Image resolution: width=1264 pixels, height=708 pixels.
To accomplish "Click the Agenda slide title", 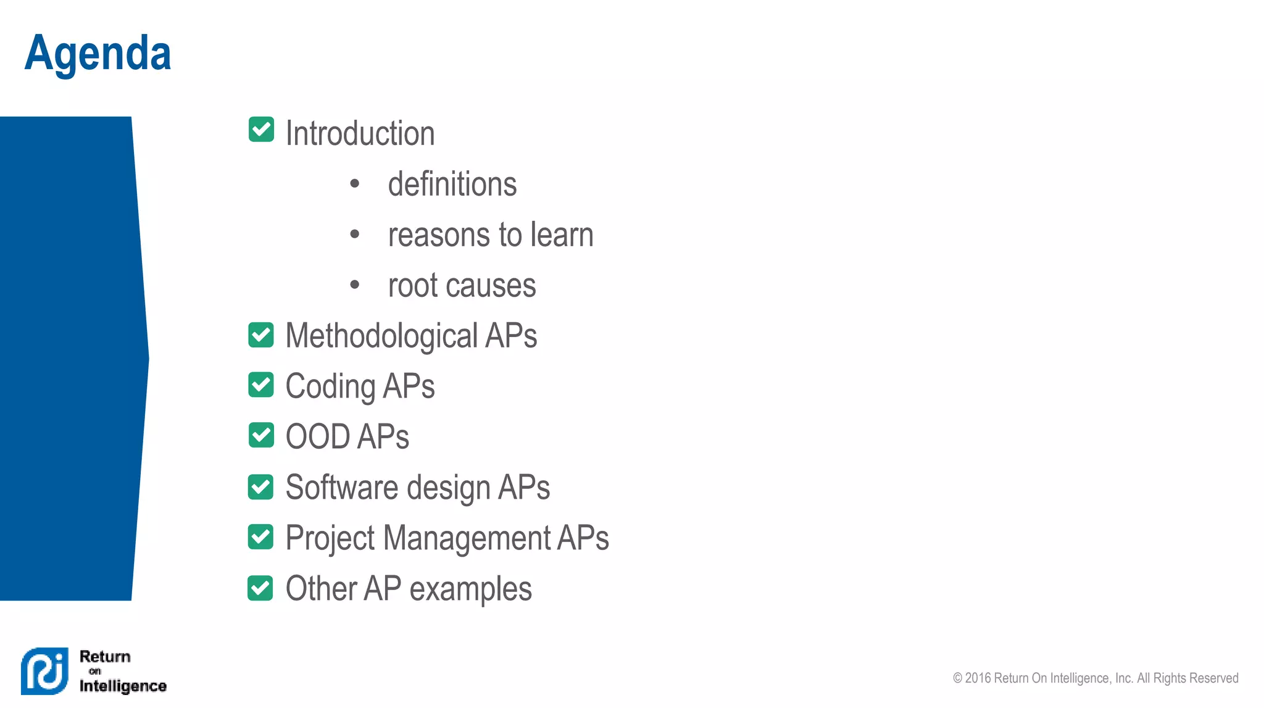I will click(x=98, y=54).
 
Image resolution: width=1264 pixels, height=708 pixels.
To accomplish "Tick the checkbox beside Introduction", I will click(x=261, y=130).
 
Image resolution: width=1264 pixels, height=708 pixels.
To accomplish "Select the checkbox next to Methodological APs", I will click(x=261, y=335).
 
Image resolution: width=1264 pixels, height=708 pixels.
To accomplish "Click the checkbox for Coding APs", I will click(x=261, y=385).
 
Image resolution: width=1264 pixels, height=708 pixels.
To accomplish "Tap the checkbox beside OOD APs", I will click(x=261, y=435).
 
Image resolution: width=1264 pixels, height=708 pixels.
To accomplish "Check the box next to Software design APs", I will click(x=260, y=487).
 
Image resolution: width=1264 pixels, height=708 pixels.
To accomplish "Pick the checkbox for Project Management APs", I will click(x=260, y=537).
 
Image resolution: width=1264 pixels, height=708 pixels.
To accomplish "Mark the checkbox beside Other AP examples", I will click(x=260, y=588).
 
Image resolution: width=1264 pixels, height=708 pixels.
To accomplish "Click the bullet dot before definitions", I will click(x=354, y=183).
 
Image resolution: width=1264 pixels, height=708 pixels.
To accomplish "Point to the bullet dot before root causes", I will click(x=354, y=285).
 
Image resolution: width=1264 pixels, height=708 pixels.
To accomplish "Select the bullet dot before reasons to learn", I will click(x=354, y=234).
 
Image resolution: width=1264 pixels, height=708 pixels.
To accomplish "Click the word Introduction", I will click(x=360, y=133).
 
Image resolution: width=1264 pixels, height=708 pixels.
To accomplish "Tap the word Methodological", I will click(x=381, y=336).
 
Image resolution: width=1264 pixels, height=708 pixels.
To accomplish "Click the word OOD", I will click(x=317, y=437).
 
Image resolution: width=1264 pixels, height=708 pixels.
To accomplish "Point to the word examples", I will click(x=470, y=589).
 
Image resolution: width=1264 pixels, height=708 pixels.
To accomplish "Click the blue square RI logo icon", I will click(x=44, y=671).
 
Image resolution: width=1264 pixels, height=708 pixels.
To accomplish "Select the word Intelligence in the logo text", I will click(x=123, y=686).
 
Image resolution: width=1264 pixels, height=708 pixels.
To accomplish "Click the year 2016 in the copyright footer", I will click(x=978, y=678).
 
